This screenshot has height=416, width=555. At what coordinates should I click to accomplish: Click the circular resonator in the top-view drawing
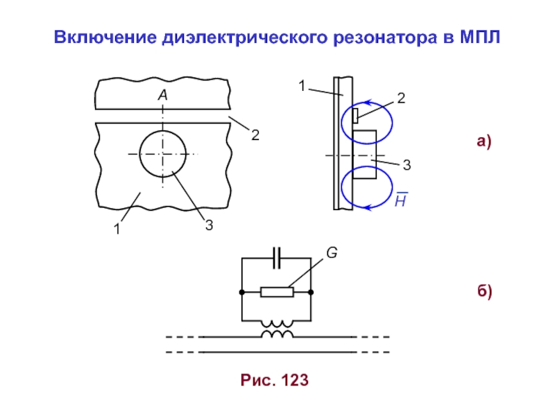163,154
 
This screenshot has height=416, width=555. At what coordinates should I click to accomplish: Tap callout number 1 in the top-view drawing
117,228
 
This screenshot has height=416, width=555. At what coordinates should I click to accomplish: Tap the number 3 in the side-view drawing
407,166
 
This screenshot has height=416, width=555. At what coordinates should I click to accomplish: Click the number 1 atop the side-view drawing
302,86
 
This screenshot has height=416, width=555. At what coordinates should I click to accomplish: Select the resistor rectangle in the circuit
277,292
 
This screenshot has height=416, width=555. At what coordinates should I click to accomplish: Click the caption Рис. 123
275,380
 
